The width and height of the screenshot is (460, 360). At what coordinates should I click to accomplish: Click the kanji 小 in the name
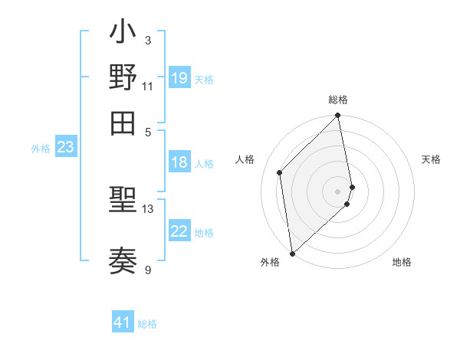(123, 34)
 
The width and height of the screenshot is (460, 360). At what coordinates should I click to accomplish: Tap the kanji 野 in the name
(123, 78)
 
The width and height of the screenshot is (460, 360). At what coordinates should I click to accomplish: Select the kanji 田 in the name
(123, 122)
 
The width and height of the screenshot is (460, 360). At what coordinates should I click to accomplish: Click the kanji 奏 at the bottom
(123, 260)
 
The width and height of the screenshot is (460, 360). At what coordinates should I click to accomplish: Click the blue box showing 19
(179, 77)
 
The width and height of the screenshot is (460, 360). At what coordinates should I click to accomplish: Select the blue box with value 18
(179, 162)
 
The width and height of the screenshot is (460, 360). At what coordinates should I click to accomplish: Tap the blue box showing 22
(179, 231)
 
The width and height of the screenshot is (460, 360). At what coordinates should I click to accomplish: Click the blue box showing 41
(123, 322)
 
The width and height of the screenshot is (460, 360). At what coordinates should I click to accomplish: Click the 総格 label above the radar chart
(338, 100)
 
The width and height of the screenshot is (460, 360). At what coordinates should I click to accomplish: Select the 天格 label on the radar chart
(431, 159)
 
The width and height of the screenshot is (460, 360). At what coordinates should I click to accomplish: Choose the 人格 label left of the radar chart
(245, 159)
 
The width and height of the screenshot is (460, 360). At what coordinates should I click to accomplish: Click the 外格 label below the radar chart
(270, 262)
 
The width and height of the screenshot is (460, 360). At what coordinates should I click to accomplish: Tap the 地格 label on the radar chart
(402, 262)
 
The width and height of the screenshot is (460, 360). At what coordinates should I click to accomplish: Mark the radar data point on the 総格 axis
(338, 116)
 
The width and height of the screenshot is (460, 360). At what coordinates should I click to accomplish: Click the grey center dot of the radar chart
(338, 191)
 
